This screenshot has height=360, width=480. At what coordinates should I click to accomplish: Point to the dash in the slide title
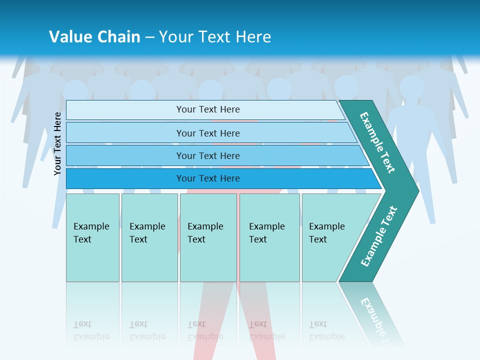(x=149, y=37)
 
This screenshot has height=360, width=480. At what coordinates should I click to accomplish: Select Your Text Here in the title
(x=215, y=37)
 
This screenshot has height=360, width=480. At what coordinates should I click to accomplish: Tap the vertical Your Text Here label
(x=57, y=143)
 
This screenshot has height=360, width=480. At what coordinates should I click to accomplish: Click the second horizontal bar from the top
(x=207, y=133)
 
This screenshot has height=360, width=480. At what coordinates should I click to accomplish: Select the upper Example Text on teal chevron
(x=377, y=142)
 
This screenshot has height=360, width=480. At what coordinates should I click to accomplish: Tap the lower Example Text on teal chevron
(x=378, y=236)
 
